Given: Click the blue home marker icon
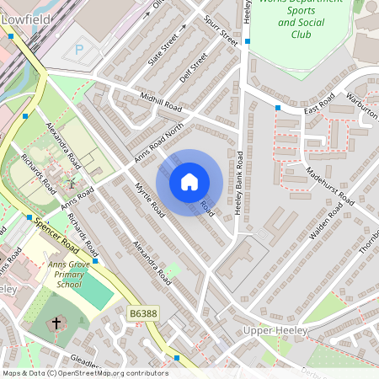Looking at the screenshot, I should (x=189, y=182).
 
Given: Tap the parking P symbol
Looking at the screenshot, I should (x=79, y=50).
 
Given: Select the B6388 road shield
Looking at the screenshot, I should (x=143, y=313).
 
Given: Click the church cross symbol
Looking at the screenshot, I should (x=57, y=323).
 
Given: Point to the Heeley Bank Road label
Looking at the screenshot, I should (x=239, y=184).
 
